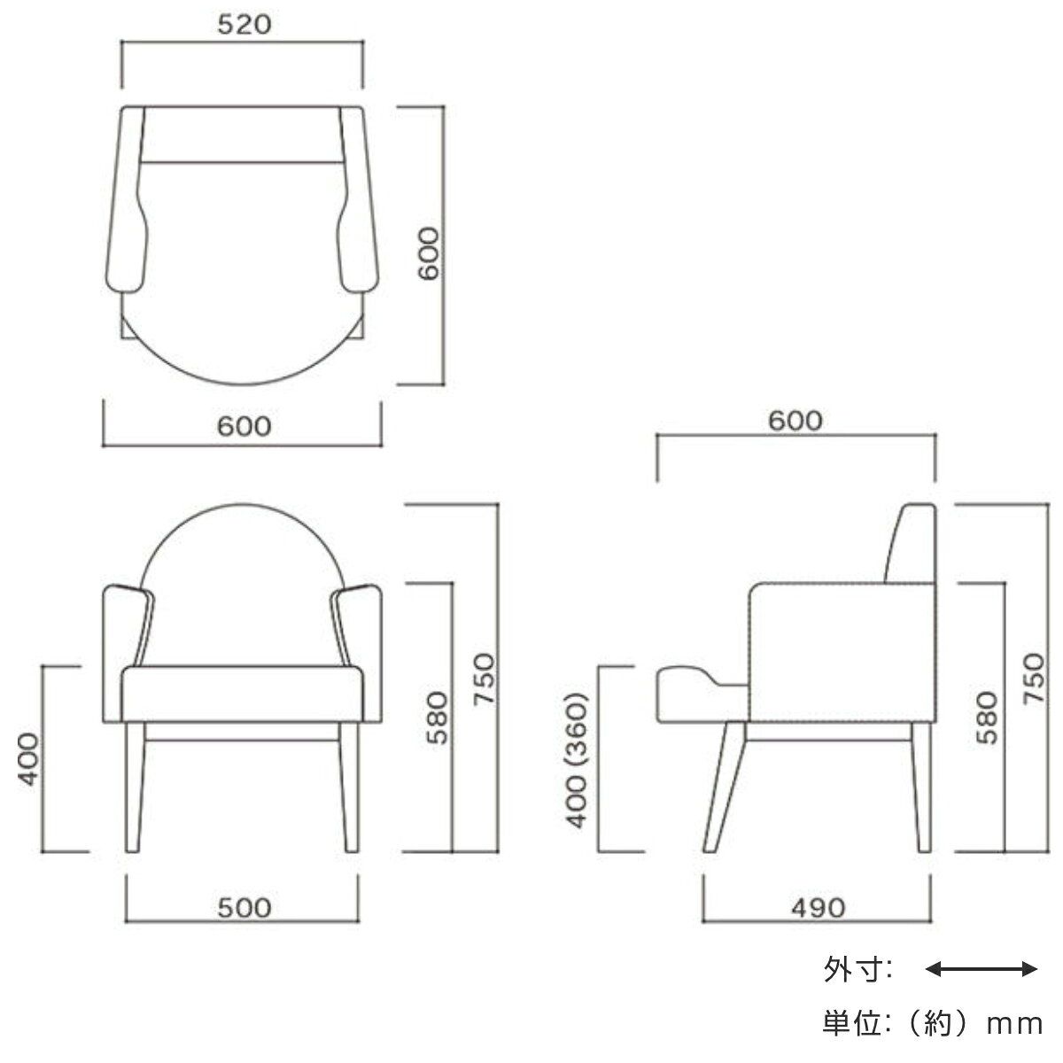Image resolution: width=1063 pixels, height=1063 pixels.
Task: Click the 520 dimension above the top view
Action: click(244, 25)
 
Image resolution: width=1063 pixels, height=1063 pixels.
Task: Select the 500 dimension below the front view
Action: click(244, 908)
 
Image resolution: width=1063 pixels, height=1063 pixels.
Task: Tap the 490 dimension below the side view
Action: click(819, 908)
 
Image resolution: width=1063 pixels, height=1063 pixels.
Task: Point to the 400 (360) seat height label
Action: click(577, 760)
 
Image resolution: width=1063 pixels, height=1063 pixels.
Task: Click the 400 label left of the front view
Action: click(27, 759)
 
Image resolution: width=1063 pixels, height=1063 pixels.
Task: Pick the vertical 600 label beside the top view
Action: click(428, 253)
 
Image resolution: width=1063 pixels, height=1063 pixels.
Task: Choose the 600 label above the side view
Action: click(795, 421)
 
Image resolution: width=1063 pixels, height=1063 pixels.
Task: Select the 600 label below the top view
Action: click(244, 426)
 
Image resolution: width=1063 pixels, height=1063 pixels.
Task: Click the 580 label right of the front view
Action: click(437, 718)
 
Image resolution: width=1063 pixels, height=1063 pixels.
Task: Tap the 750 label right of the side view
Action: click(1035, 679)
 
